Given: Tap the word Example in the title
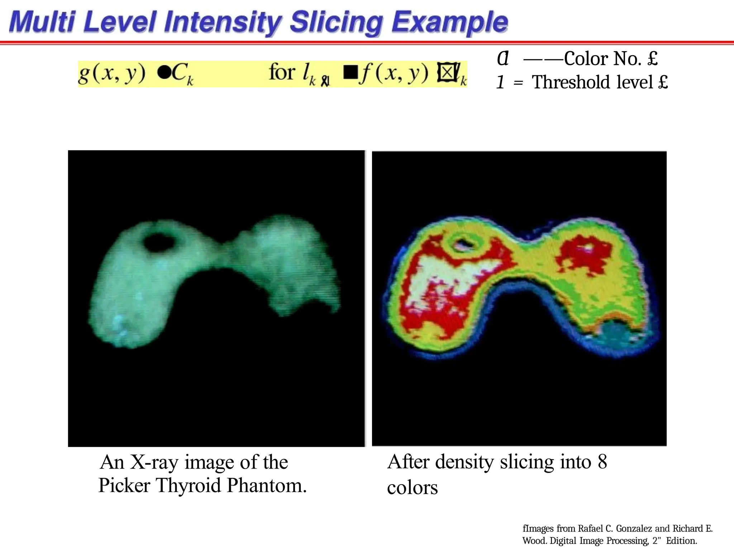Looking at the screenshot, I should [449, 22].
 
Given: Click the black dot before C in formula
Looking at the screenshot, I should [163, 73].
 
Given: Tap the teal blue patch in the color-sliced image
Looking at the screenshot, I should [615, 333].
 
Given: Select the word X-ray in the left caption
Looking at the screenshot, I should [154, 462].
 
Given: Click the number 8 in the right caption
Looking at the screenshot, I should [602, 462].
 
